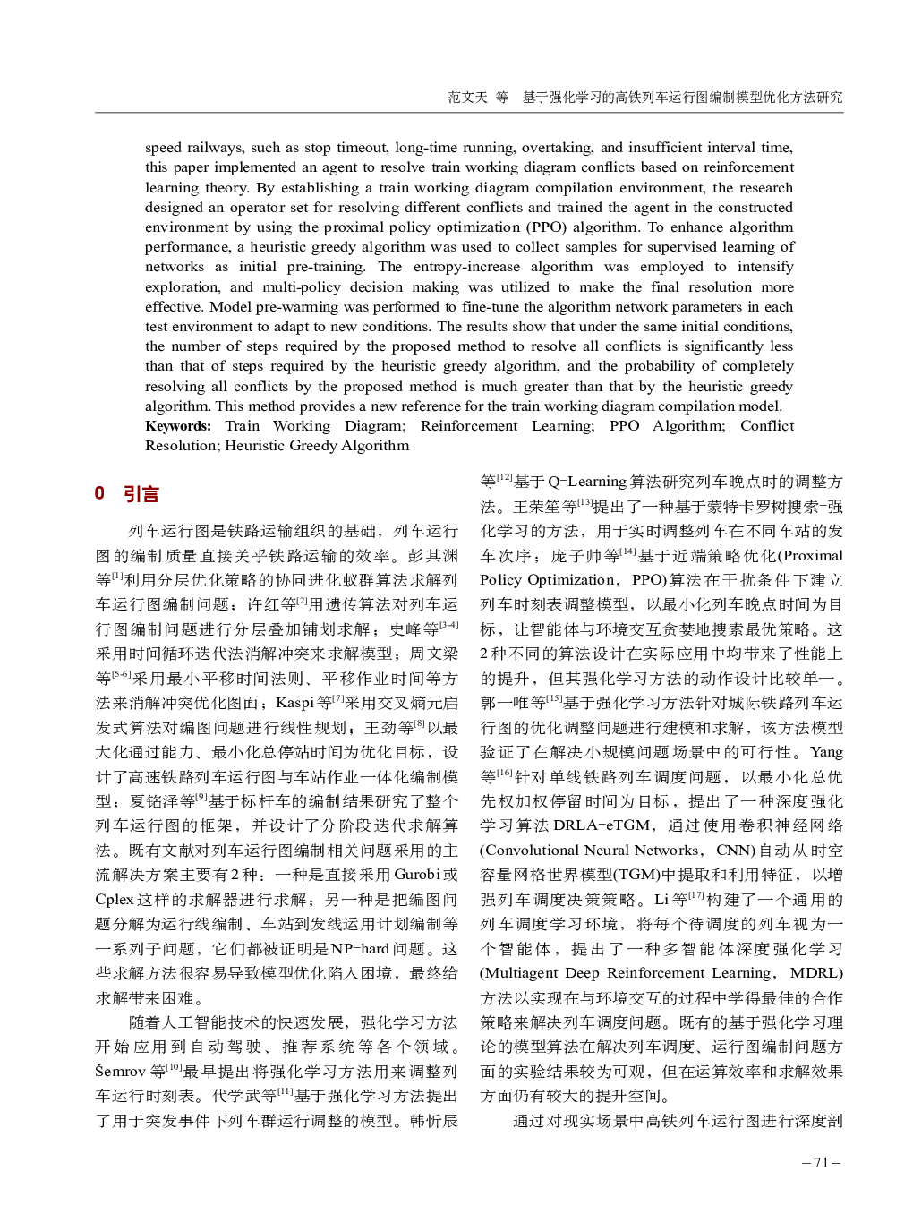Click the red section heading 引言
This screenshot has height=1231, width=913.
click(141, 493)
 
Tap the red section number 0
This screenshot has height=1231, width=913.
click(99, 493)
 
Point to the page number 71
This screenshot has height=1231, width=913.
click(821, 1163)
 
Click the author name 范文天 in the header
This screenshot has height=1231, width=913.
click(467, 97)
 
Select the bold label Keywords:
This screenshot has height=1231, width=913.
click(178, 426)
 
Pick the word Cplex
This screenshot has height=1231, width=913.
click(115, 899)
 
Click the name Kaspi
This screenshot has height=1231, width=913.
click(295, 703)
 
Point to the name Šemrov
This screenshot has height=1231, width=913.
click(121, 1071)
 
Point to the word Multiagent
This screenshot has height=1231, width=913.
click(521, 973)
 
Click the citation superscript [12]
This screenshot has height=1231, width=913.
click(505, 477)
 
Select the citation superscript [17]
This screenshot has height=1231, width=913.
click(696, 895)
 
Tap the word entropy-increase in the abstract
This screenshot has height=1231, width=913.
click(466, 267)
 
